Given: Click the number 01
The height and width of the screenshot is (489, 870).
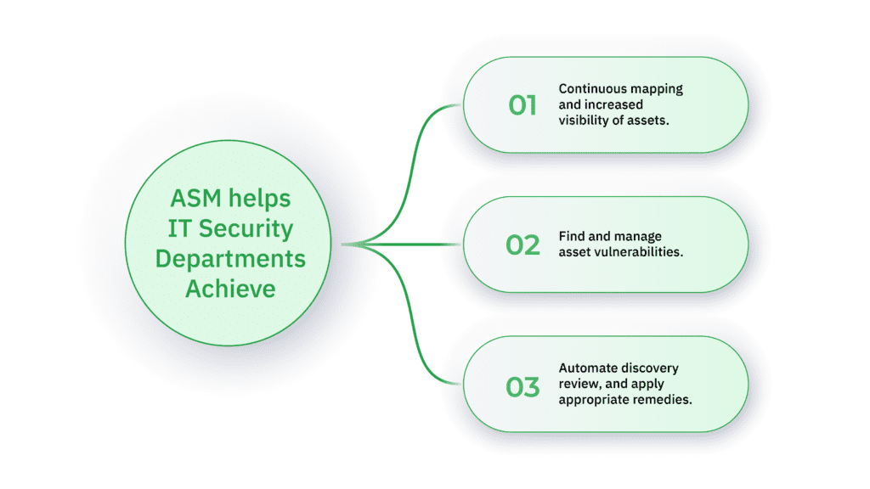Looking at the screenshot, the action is (x=523, y=105).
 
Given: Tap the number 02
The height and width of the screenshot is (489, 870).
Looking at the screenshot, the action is (x=523, y=245).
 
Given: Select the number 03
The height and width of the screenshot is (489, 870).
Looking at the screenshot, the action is (x=523, y=387).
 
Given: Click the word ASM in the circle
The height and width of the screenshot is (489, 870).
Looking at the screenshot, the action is (x=196, y=199).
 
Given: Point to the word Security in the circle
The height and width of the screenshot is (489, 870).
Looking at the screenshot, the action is (x=246, y=229).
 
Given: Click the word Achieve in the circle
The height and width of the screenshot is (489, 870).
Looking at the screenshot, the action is (x=230, y=289).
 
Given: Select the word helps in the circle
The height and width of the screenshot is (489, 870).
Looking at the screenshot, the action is (x=260, y=199).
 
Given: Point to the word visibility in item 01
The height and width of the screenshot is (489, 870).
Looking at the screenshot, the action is (x=582, y=121).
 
